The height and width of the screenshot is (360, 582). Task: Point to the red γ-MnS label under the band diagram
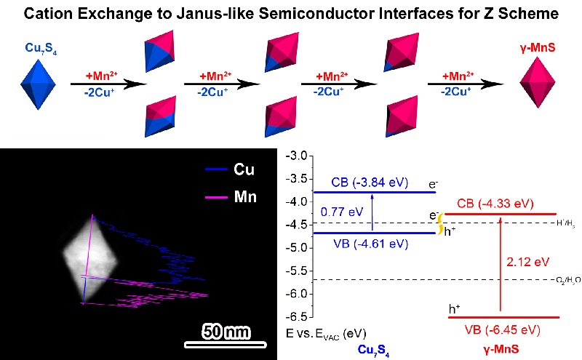pos(502,350)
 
